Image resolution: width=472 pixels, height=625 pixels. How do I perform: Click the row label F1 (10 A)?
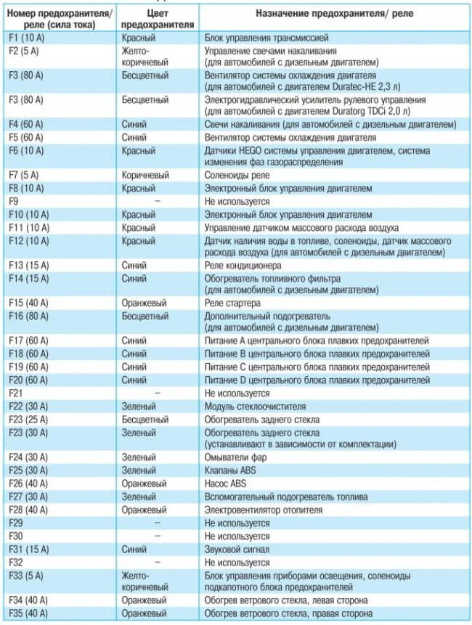point(28,37)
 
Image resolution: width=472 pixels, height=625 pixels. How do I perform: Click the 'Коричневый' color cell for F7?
point(145,176)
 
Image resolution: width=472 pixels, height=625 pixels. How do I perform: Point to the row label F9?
point(15,201)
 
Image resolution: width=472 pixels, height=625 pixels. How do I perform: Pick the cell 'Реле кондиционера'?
point(242,266)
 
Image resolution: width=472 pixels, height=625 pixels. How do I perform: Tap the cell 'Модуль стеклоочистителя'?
point(255,407)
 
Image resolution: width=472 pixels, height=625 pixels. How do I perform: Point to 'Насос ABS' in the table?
point(227,483)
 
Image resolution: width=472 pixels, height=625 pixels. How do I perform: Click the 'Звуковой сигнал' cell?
point(239,549)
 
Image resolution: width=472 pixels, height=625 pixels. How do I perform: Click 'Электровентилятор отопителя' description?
point(264,510)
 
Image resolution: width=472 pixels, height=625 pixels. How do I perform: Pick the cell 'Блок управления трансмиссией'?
point(267,37)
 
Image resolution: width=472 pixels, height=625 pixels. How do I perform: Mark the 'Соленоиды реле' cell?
point(237,176)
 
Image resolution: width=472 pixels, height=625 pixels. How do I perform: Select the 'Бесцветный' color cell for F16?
point(145,316)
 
